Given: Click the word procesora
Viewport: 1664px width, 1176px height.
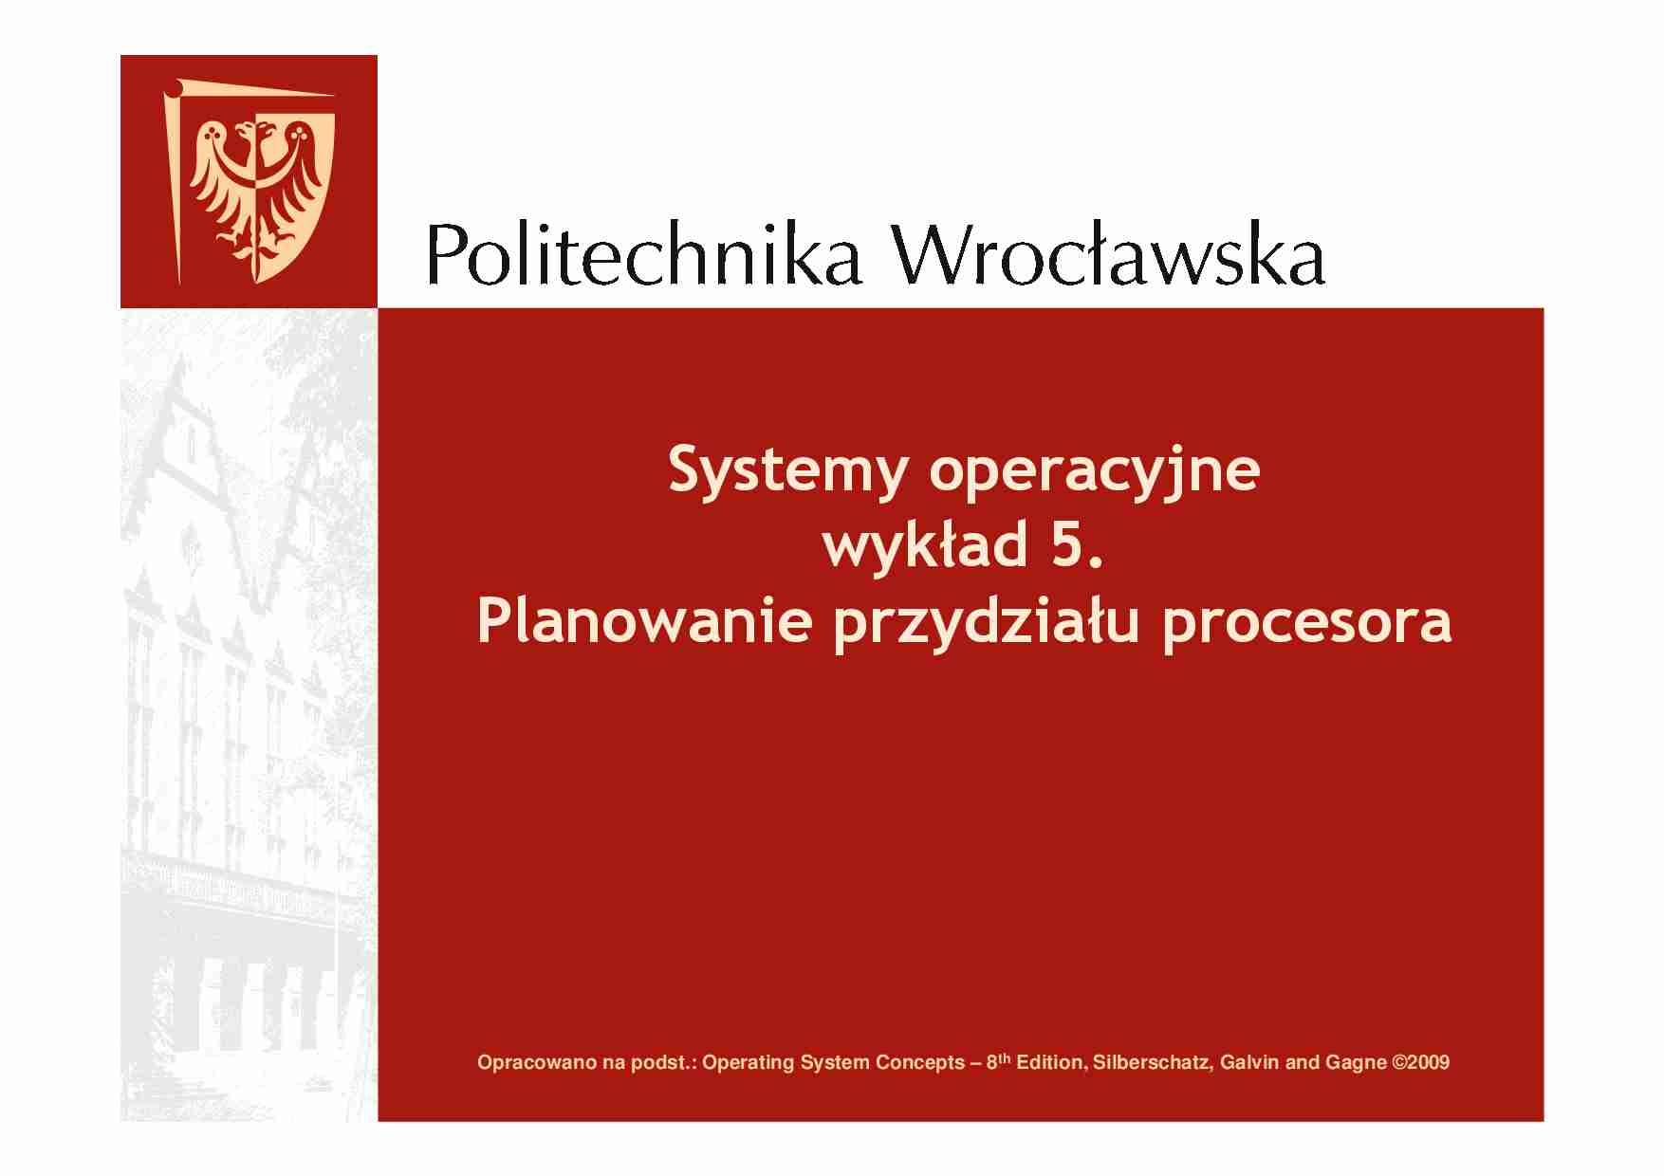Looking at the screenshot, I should coord(1306,622).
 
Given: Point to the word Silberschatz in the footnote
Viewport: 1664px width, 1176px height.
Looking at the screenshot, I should coord(1151,1063).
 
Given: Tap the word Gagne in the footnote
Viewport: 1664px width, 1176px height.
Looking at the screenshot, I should coord(1354,1063).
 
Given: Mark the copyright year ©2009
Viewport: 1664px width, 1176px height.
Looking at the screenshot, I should coord(1420,1063).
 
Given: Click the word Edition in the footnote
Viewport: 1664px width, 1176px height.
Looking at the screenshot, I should coord(1049,1063).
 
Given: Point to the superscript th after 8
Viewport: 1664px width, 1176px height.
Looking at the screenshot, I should coord(1005,1057).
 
